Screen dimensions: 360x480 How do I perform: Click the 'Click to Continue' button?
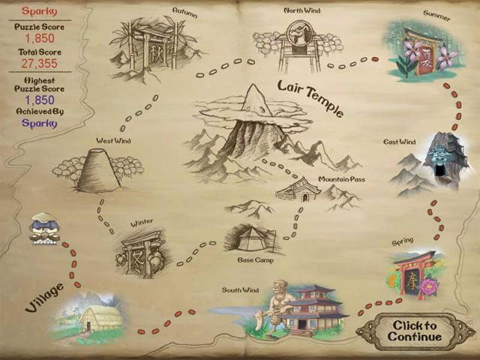click(412, 331)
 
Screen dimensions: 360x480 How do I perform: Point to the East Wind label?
click(399, 142)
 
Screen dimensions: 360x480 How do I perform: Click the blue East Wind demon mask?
click(438, 156)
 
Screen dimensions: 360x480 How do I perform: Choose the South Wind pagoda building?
click(308, 307)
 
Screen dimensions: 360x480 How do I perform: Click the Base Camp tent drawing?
click(251, 239)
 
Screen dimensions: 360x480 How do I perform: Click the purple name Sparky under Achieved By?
click(36, 123)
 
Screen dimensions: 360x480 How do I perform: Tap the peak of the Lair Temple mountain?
click(253, 91)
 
